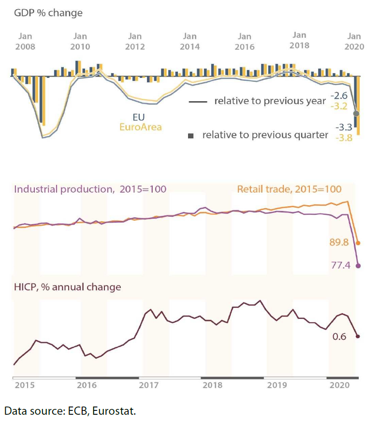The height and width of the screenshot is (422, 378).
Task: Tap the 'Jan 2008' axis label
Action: pos(25,41)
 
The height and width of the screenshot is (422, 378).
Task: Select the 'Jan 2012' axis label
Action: pos(135,41)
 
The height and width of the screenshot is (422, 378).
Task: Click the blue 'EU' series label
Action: pos(139,118)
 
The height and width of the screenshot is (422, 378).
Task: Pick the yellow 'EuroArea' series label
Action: pos(141,127)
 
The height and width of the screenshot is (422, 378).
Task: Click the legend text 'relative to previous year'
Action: pos(270,101)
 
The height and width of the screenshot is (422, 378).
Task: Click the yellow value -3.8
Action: pos(344,137)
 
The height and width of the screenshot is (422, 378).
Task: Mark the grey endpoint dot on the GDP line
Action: pos(357,113)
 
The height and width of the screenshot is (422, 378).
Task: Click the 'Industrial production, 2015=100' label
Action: pos(90,189)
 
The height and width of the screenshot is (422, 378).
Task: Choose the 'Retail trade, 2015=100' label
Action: pos(289,189)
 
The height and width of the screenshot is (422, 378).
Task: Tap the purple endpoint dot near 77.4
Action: pos(358,265)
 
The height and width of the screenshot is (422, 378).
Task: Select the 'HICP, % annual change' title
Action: pos(68,287)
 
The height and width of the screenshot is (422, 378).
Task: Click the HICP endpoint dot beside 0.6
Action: pos(358,336)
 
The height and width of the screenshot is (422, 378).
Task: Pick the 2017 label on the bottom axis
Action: pos(149,385)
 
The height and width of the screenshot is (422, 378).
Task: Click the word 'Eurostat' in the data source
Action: pos(114,412)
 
